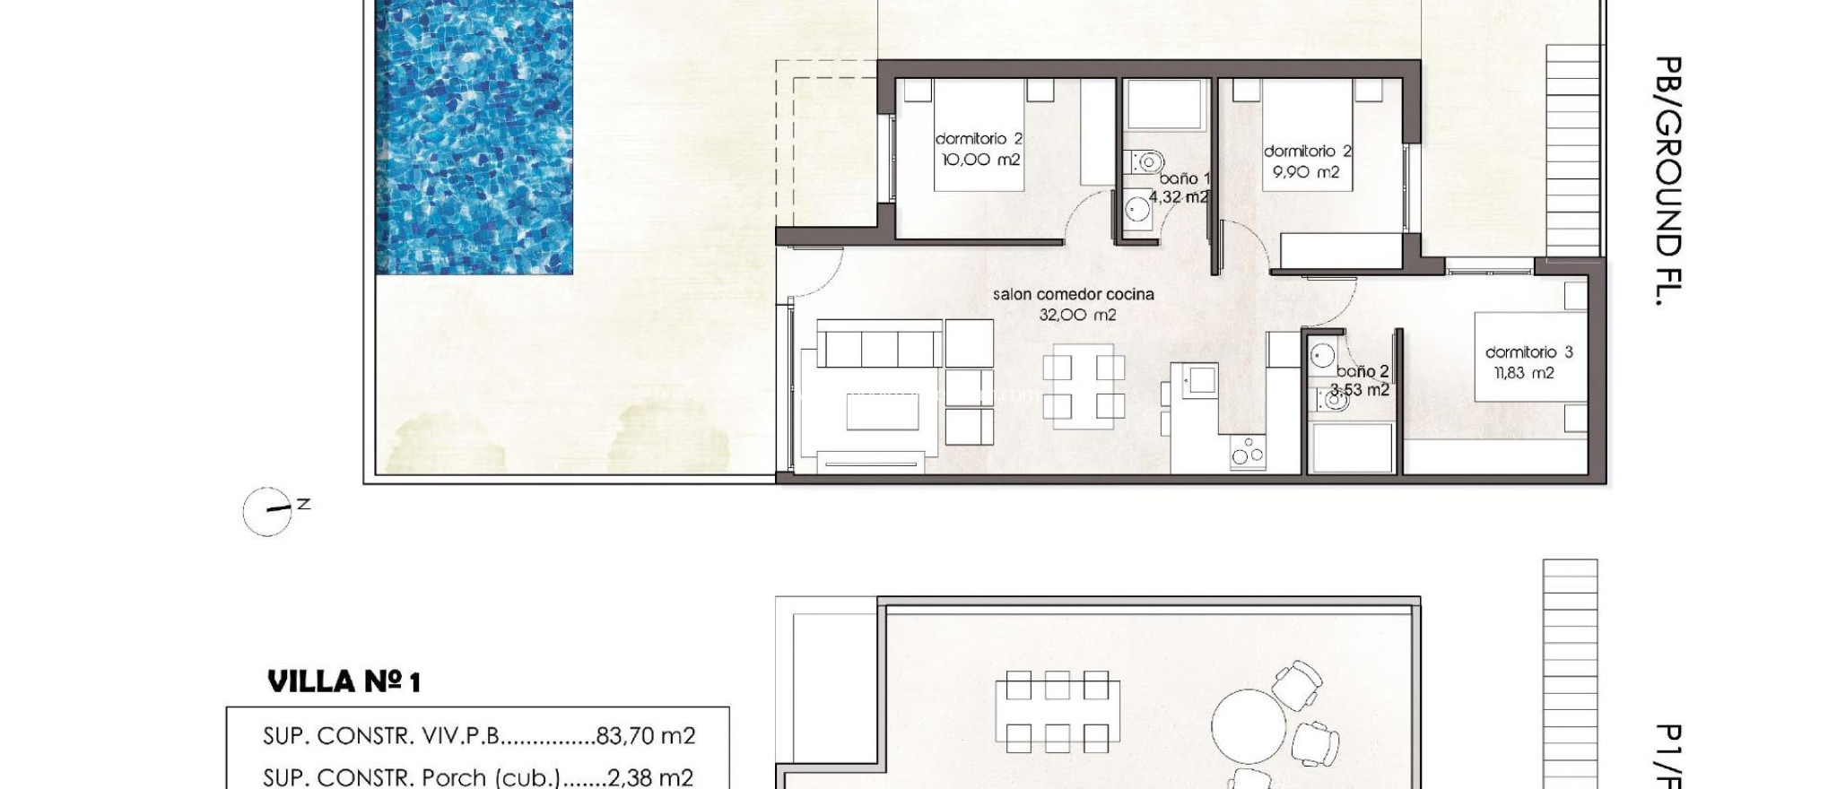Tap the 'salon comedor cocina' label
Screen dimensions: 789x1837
tap(1073, 294)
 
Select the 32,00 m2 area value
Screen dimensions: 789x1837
tap(1077, 315)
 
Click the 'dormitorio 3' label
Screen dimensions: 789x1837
tap(1528, 352)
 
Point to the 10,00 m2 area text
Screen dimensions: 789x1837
tap(980, 160)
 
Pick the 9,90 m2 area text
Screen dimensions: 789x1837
tap(1306, 171)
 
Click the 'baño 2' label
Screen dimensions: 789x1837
tap(1362, 371)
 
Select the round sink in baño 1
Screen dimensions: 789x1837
tap(1137, 210)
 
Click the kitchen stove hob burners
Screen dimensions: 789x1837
tap(1247, 451)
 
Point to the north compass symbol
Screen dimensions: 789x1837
tap(268, 512)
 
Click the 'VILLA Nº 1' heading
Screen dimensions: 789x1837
tap(344, 681)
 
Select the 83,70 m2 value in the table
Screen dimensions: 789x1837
tap(645, 736)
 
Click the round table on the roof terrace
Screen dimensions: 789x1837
tap(1249, 726)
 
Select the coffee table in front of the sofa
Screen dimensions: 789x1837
tap(883, 412)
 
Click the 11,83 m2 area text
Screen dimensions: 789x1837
tap(1523, 373)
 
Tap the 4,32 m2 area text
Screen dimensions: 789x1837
tap(1178, 196)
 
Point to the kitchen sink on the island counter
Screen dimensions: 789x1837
tap(1200, 380)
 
